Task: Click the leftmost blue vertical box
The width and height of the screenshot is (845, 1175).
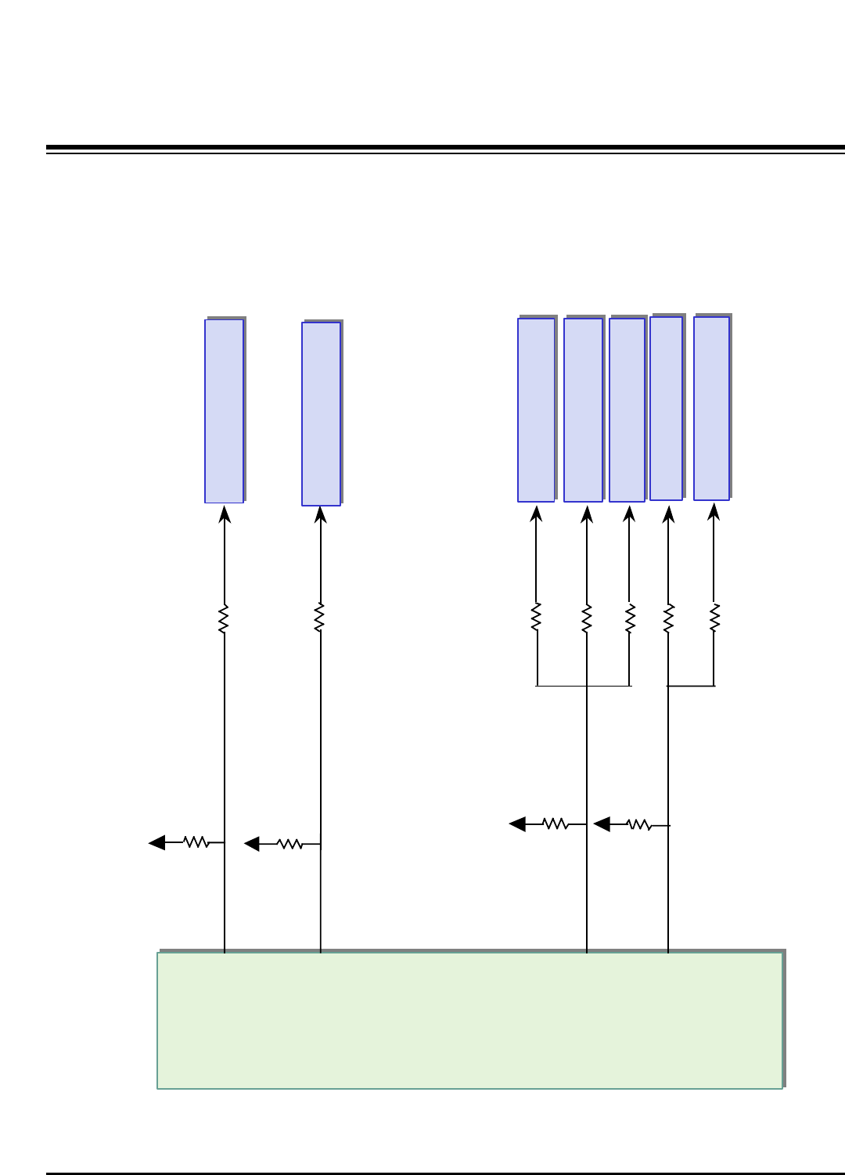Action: (224, 410)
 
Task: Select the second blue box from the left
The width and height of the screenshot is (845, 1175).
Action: (321, 413)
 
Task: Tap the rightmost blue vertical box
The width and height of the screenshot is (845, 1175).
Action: (711, 407)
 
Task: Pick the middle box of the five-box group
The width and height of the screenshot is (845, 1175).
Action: (627, 409)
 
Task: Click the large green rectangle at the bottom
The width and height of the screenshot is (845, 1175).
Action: (469, 1019)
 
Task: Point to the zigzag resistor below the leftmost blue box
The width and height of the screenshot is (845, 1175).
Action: (225, 618)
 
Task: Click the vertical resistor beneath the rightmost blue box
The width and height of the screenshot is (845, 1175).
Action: (714, 618)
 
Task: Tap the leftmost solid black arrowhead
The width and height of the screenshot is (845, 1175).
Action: (157, 842)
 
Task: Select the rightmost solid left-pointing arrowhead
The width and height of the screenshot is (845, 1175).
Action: (602, 824)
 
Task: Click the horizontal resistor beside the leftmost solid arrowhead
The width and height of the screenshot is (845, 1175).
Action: (196, 842)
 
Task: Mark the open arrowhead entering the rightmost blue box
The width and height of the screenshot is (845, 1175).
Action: (714, 512)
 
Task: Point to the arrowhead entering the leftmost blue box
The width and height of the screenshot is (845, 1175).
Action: (225, 514)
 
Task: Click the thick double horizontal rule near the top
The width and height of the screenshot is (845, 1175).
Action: (445, 149)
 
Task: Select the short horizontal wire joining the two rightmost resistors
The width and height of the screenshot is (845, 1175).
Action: (691, 686)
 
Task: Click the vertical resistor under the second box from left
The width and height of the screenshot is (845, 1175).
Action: (320, 618)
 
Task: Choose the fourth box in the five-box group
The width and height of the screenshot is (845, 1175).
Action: (666, 407)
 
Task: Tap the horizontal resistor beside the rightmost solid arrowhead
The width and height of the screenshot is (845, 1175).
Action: (638, 824)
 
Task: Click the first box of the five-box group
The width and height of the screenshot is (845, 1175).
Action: (536, 409)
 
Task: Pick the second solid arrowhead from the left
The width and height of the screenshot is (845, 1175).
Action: (252, 844)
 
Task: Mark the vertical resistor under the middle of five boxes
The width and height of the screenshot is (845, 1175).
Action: (630, 618)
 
